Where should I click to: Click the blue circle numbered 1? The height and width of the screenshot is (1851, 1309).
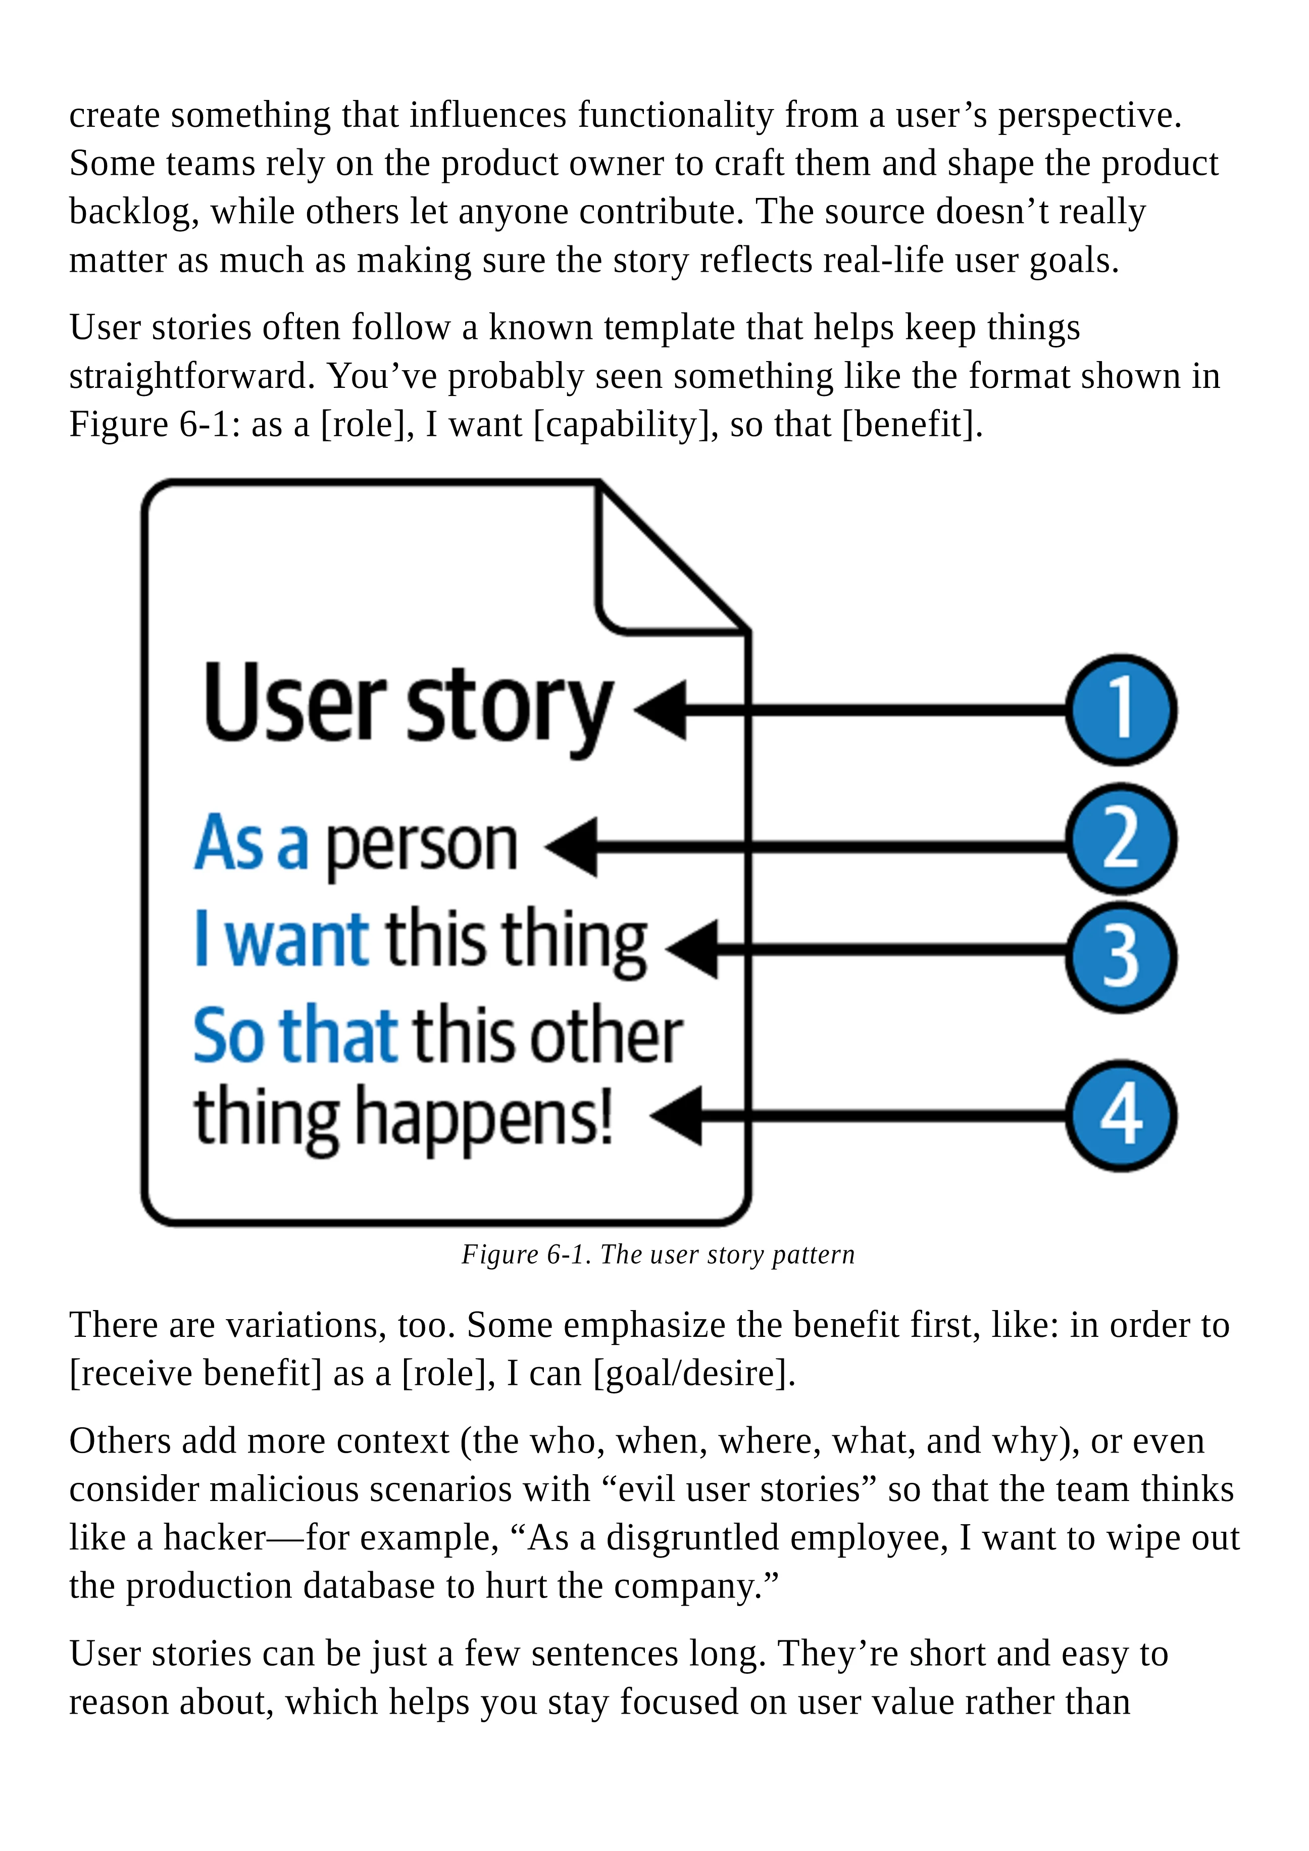(x=1121, y=710)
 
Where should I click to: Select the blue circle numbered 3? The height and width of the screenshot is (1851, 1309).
(x=1121, y=957)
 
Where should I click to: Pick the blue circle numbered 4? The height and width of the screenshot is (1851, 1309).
(x=1121, y=1115)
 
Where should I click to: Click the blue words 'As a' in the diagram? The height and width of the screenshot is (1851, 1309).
(x=250, y=843)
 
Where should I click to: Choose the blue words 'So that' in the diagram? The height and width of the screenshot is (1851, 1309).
(x=295, y=1035)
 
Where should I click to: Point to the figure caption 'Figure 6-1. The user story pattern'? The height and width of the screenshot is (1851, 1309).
(x=658, y=1255)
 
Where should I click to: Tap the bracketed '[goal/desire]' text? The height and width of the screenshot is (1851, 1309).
(x=694, y=1373)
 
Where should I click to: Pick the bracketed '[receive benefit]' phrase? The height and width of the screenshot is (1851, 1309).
(x=196, y=1373)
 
